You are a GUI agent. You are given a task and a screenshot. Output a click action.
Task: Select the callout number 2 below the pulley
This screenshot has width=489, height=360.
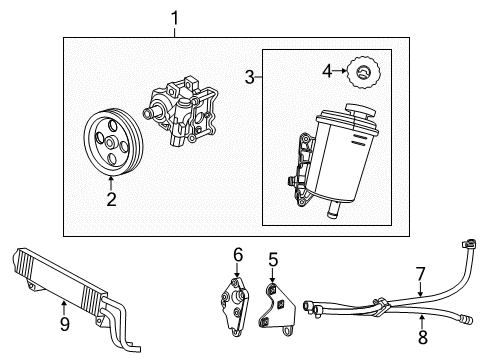pyautogui.click(x=111, y=199)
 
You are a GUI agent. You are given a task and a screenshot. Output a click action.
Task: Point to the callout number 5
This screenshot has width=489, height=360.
pyautogui.click(x=272, y=260)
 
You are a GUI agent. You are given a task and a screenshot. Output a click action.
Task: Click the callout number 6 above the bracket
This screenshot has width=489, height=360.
pyautogui.click(x=238, y=255)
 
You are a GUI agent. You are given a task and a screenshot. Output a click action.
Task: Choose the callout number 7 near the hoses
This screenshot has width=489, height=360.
pyautogui.click(x=421, y=272)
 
